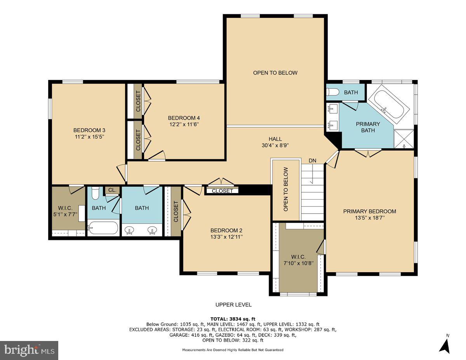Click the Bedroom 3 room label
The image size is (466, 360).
pos(89,130)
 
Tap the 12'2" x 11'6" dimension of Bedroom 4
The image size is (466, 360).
pos(184,124)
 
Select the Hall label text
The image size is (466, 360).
pos(275,139)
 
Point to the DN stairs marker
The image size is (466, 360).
pos(313,161)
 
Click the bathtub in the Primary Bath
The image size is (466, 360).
pos(389,104)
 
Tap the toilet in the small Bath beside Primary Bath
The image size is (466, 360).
pos(332,92)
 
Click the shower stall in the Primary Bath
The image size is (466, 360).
pos(404,139)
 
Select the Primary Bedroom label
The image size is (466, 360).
pos(369,211)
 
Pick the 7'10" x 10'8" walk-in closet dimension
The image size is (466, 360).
pos(299,263)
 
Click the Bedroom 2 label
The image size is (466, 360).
pos(226,231)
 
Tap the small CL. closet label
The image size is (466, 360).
pos(112,190)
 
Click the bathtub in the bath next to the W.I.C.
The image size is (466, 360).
pos(103,228)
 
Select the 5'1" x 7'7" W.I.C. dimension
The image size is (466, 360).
pos(65,214)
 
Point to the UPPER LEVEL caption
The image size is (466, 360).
pos(233,305)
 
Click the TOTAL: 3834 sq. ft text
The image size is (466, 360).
pos(233,319)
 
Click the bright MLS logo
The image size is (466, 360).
pos(29,350)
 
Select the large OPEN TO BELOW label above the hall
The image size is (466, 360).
pos(275,73)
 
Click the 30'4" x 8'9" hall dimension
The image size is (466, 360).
pos(275,145)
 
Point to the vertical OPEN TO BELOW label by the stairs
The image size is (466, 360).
pos(286,190)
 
